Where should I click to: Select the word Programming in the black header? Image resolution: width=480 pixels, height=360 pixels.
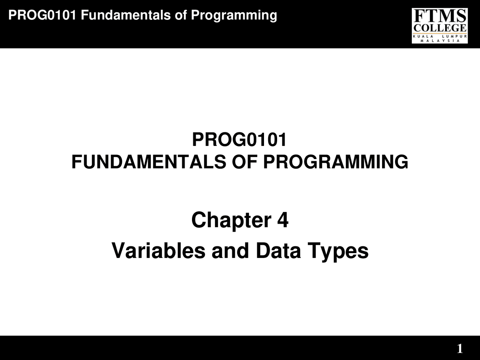point(234,16)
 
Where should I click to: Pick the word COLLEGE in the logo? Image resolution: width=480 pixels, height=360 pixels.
point(439,28)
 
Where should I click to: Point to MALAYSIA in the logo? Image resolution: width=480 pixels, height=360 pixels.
point(440,40)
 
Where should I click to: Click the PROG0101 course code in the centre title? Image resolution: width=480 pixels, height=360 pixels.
point(240,140)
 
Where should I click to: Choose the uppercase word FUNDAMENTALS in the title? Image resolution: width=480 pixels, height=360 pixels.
point(148,162)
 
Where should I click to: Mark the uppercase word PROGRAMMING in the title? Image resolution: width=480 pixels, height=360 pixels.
point(336,162)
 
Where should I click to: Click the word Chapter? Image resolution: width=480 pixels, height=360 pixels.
point(231,220)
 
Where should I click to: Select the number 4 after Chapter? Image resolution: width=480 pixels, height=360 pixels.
point(283,220)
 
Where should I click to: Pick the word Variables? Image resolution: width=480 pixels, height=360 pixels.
point(158,250)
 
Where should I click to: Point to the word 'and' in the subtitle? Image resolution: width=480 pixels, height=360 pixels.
point(230,250)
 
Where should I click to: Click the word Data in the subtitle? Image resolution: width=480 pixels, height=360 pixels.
point(278,250)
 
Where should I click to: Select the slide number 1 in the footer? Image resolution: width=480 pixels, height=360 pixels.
point(460,349)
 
